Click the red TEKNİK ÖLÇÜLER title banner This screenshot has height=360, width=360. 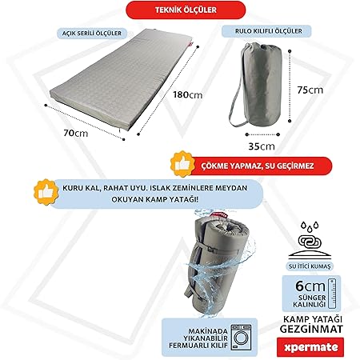pos(186,10)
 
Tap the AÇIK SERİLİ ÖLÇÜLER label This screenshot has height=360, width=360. pos(92,34)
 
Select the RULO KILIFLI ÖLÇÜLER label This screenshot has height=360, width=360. pos(266,31)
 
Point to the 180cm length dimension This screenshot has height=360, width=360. pos(187,94)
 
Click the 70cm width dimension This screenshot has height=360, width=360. pos(76,133)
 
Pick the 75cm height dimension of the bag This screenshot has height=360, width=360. pos(310,90)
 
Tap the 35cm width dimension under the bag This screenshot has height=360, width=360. pos(262,146)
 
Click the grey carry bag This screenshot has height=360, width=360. pos(258,84)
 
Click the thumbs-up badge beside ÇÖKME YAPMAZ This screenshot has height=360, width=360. pos(182,164)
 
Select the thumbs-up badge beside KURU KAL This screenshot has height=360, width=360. pos(46,192)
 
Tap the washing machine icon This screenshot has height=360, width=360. pos(241,338)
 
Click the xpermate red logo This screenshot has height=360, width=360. pos(310,347)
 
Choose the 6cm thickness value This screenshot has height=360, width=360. pos(310,286)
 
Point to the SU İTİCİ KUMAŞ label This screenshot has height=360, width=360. pos(310,266)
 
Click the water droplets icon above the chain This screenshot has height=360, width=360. pos(310,226)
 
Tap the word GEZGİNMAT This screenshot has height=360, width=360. pos(311,329)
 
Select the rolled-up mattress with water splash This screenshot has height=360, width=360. pos(216,264)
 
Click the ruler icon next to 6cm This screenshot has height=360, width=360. pos(332,294)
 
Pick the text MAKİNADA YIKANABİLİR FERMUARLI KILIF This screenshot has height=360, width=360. pos(198,338)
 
